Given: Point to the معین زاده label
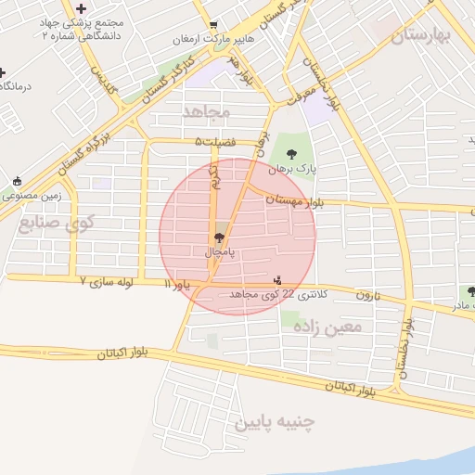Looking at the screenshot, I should click(x=326, y=326).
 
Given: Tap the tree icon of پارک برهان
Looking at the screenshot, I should click(x=292, y=154).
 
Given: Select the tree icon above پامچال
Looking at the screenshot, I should click(x=219, y=237).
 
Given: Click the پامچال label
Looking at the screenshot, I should click(x=220, y=251).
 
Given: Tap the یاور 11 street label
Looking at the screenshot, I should click(x=177, y=284).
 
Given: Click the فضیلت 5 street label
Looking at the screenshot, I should click(x=215, y=141).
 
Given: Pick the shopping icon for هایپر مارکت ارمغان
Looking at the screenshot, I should click(x=214, y=25).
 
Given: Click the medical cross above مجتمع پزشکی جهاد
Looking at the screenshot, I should click(x=82, y=7).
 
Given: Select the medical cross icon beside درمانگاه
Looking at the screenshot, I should click(x=3, y=71).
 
